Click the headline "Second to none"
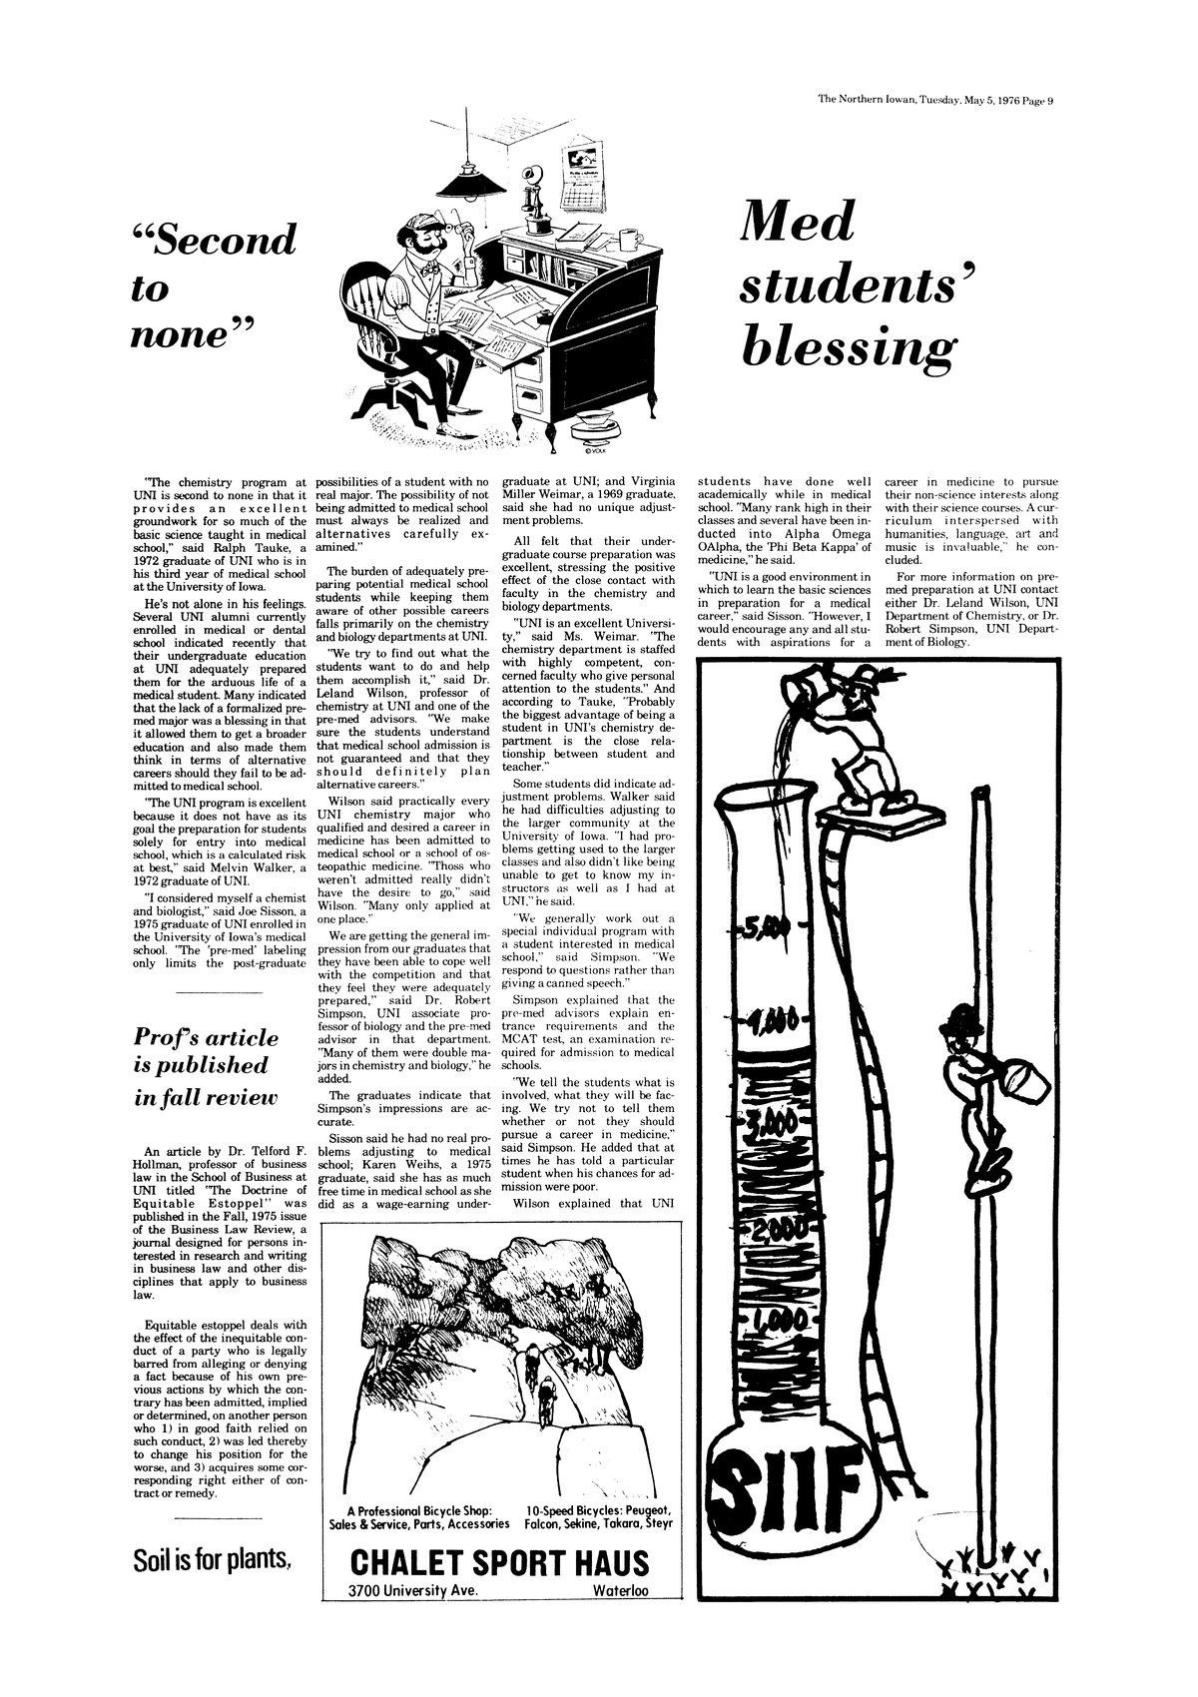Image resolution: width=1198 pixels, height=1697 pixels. click(214, 284)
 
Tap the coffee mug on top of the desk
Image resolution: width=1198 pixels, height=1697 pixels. click(628, 241)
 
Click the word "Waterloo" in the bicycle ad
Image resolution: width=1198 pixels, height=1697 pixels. click(620, 1590)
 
